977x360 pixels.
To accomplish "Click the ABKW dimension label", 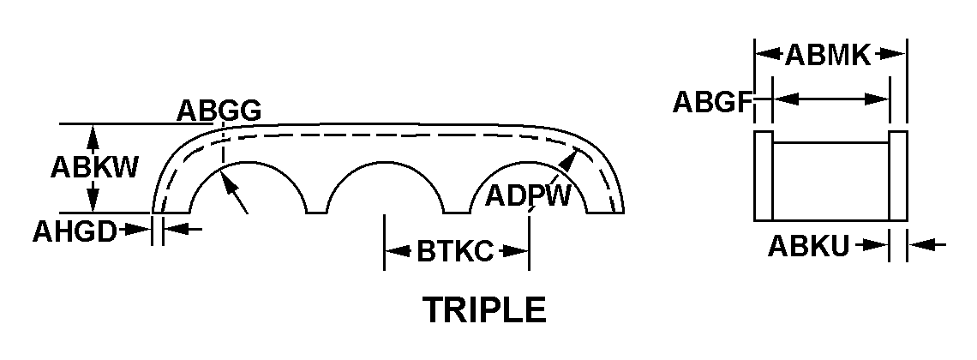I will [94, 166].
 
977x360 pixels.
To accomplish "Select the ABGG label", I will [219, 111].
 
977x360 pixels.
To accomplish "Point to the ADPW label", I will [528, 195].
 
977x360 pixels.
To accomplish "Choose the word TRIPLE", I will [484, 309].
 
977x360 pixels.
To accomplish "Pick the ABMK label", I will [828, 56].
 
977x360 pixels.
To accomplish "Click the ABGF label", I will [711, 101].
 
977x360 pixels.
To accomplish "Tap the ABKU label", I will [808, 247].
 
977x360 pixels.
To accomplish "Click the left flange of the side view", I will [763, 176].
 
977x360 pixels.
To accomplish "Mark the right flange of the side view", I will [898, 176].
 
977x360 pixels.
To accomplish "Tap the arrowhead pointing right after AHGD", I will [141, 229].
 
